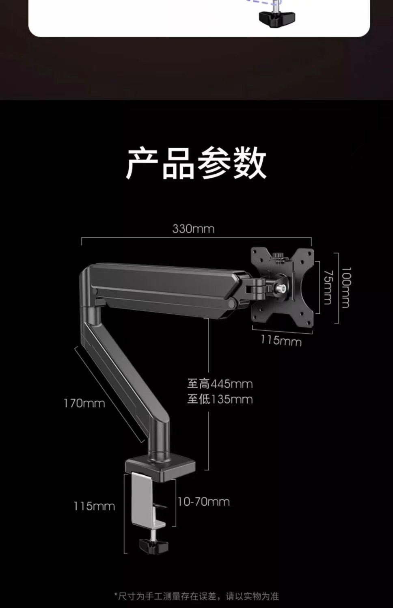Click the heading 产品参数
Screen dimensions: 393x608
(x=196, y=163)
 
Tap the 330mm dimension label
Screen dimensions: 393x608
(x=193, y=229)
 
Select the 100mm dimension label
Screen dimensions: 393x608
(x=345, y=287)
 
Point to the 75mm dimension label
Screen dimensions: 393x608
(x=328, y=287)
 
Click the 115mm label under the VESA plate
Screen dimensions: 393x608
(x=281, y=340)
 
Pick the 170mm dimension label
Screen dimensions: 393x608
(x=84, y=403)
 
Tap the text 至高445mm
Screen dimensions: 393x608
(x=220, y=384)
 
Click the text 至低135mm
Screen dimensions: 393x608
(x=220, y=399)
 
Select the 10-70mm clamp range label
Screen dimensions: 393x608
(x=203, y=502)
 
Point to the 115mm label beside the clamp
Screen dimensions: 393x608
(x=94, y=506)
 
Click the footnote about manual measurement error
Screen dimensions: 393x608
(x=196, y=596)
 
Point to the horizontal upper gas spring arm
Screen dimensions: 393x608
(x=162, y=286)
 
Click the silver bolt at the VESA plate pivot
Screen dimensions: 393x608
(x=280, y=288)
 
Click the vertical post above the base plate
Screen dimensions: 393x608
(x=159, y=438)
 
